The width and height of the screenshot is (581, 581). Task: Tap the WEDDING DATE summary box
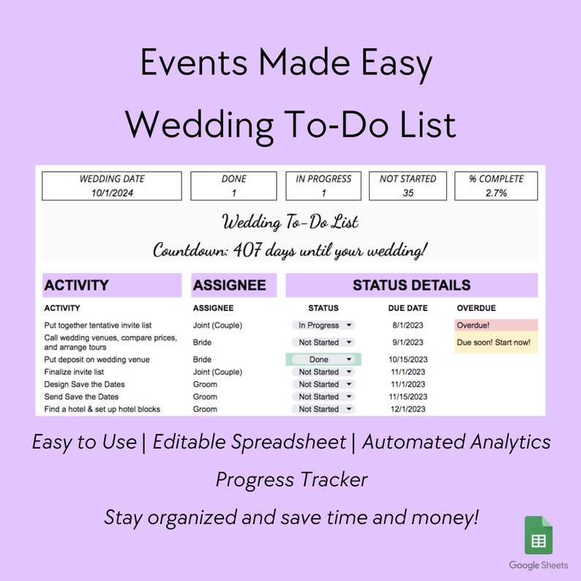pos(112,186)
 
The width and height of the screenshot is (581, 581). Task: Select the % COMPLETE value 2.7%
pos(495,193)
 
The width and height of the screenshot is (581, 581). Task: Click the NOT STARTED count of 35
pos(408,193)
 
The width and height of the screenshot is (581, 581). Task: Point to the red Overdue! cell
pos(495,325)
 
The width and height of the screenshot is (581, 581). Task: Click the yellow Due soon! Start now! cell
pos(495,342)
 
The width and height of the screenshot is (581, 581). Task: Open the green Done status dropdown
pos(323,359)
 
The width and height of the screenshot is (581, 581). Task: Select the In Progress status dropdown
pos(323,325)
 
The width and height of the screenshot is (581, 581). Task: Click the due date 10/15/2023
pos(408,359)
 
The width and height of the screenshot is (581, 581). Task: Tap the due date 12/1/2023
pos(408,409)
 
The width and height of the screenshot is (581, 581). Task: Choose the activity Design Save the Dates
pos(84,384)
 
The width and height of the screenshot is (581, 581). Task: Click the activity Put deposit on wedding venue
pos(97,359)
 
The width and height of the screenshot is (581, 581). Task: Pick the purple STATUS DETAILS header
pos(411,285)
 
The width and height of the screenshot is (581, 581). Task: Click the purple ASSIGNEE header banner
pos(234,285)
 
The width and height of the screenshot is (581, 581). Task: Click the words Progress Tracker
pos(291,480)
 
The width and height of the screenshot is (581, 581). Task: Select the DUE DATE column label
pos(408,308)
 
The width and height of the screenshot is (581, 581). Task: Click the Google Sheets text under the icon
pos(539,566)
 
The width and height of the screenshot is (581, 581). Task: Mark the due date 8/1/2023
pos(408,325)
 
